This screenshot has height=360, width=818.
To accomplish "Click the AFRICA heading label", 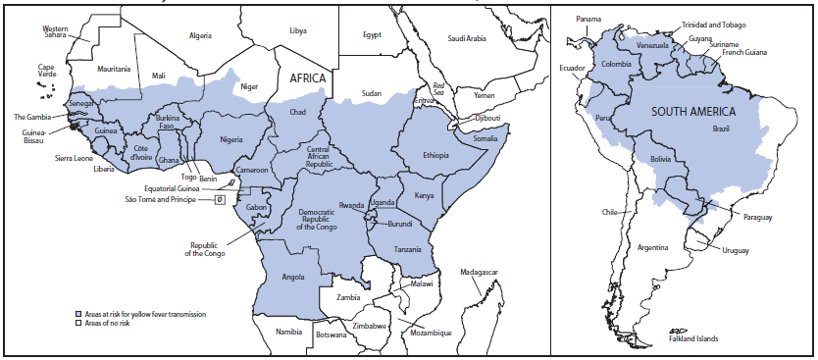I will pos(307,83).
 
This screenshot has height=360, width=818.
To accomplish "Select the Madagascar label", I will pos(480,271).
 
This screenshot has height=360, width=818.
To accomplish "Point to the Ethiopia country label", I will pos(436,155).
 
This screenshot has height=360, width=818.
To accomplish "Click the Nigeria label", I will pos(231,139).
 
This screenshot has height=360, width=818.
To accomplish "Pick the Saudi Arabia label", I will pos(467,38).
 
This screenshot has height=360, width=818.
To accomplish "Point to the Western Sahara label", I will pos(61,33).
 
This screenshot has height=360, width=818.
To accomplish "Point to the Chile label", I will pos(609,211).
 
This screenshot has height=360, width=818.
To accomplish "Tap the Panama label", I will pos(589,19).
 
